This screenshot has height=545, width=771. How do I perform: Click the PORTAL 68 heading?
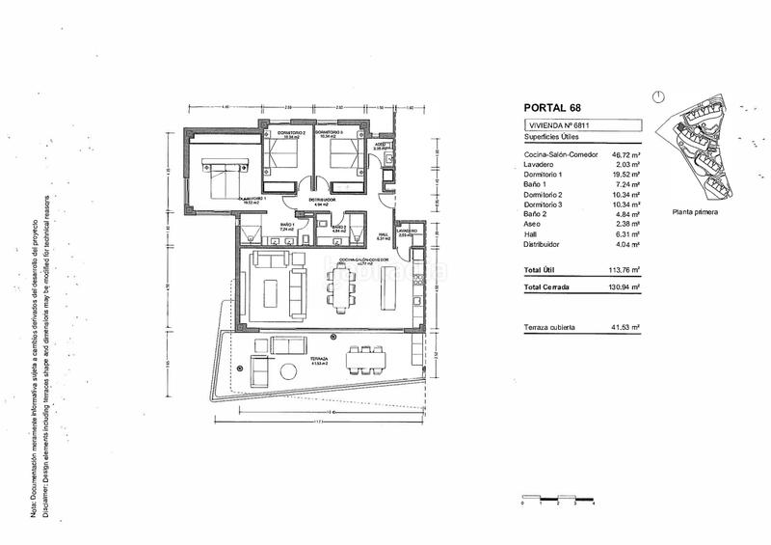point(553,108)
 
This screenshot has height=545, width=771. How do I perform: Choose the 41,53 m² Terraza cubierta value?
point(626,328)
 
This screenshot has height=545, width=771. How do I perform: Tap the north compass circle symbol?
point(657,96)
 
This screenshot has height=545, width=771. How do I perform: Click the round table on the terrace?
point(288,373)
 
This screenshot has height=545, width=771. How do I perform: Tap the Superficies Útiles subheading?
point(553,140)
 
